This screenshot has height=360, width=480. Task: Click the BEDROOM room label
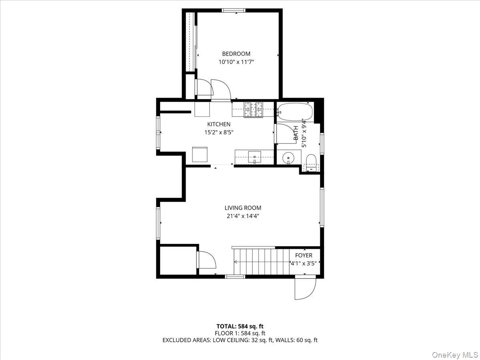(236, 54)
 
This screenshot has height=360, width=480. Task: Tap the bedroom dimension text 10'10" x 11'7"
(236, 62)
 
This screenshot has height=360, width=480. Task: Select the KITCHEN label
(218, 124)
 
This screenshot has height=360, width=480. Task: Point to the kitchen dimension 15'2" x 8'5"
(218, 132)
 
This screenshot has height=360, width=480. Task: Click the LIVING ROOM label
(242, 208)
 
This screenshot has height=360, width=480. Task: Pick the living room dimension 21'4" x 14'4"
(242, 216)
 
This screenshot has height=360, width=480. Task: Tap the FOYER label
(304, 256)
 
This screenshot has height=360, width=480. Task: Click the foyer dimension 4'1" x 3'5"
(306, 263)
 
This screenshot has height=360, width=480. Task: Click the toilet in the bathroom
(311, 163)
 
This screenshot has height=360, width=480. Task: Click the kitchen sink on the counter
(254, 156)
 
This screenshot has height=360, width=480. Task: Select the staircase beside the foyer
(260, 262)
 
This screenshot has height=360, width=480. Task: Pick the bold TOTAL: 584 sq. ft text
(240, 326)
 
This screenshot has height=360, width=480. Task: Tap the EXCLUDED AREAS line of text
(240, 340)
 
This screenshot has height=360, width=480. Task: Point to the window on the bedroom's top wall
(234, 11)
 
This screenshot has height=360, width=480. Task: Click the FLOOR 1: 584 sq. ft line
(240, 333)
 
